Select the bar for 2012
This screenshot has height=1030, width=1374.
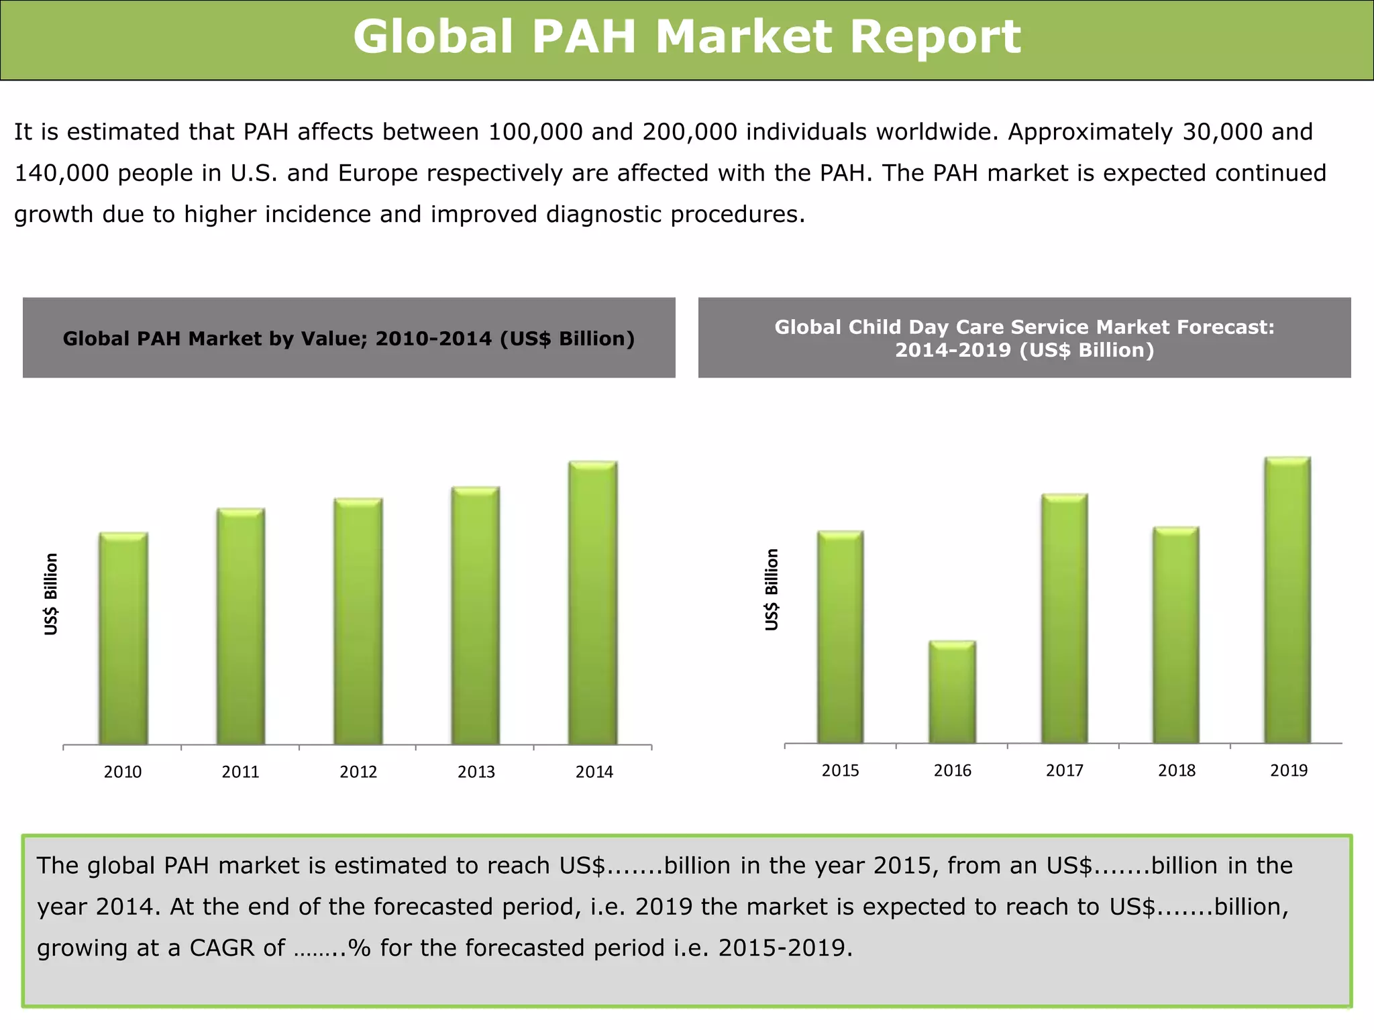point(358,621)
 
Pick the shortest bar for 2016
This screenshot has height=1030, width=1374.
point(953,691)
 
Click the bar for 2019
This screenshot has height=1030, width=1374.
point(1287,599)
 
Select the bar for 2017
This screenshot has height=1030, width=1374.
point(1065,618)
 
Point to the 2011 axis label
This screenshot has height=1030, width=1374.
point(240,772)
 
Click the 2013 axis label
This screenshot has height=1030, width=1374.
point(476,772)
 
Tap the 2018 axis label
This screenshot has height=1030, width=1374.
point(1177,770)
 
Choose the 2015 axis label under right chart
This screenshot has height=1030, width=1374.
point(841,770)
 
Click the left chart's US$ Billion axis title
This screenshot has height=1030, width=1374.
point(52,593)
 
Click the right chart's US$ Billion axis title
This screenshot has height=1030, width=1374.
point(772,589)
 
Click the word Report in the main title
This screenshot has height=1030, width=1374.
point(935,37)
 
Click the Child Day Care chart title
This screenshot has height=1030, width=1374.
point(1024,339)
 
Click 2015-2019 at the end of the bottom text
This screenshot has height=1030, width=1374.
point(784,948)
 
